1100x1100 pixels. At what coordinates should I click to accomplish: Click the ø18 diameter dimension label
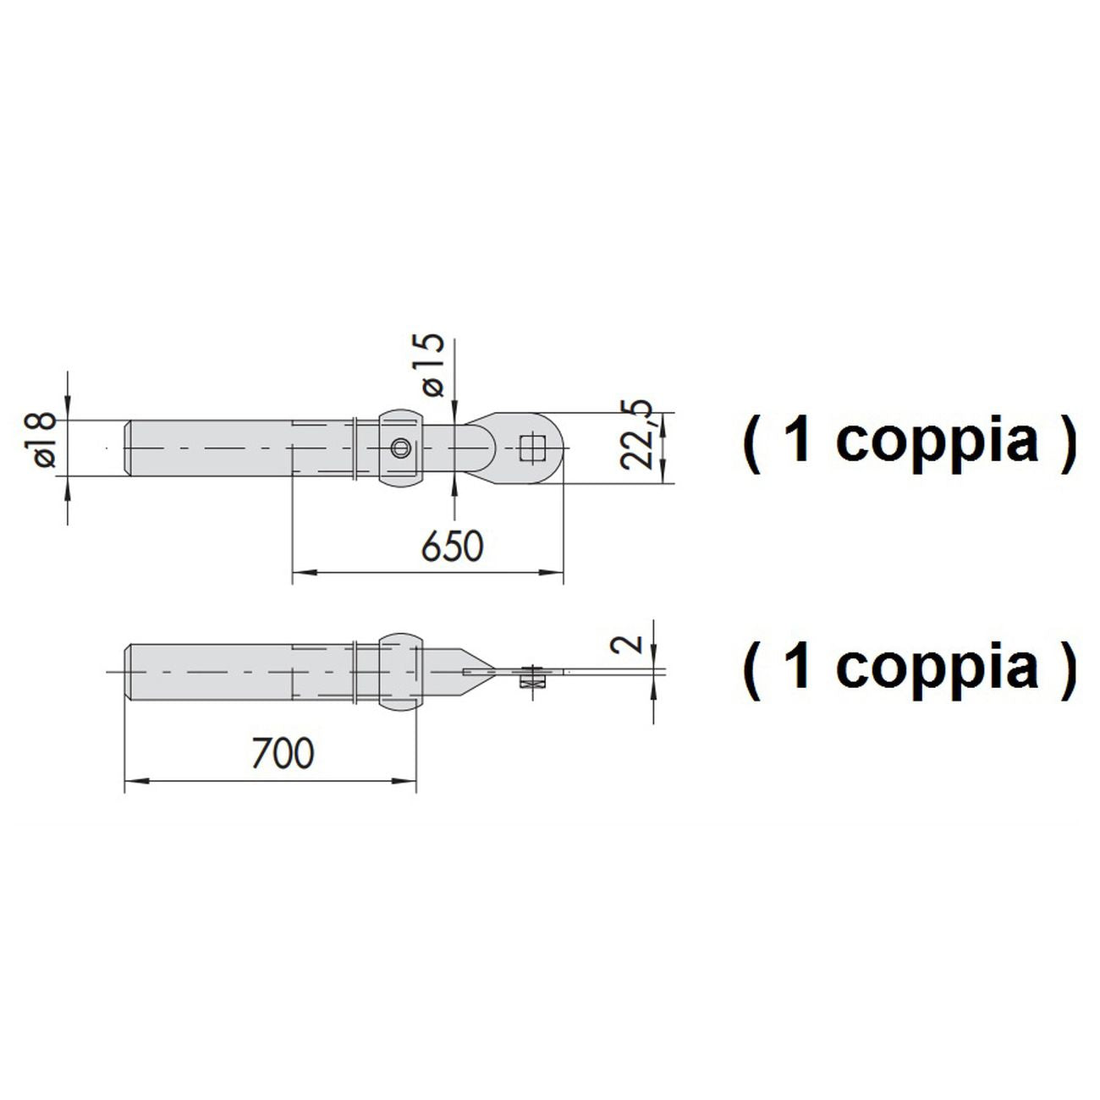pos(40,439)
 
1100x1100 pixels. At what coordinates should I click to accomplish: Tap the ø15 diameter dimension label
pos(432,365)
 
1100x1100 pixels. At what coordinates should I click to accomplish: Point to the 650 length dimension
pos(452,547)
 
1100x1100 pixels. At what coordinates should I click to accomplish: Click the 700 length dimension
pos(283,753)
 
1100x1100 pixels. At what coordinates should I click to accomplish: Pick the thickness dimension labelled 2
pos(626,644)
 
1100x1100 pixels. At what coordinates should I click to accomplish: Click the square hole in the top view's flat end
pos(532,448)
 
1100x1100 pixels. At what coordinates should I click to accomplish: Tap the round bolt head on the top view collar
pos(401,448)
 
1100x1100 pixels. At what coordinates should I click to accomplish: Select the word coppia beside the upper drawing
pos(936,443)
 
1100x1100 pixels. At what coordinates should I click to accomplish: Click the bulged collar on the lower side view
pos(401,670)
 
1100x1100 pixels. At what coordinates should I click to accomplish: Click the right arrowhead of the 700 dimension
pos(404,781)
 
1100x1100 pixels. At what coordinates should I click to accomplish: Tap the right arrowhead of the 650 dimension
pos(551,573)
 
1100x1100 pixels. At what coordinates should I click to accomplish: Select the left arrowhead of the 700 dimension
pos(137,781)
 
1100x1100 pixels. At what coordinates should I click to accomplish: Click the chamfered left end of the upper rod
pos(129,448)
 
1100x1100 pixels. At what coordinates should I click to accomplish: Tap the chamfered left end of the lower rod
pos(129,672)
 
